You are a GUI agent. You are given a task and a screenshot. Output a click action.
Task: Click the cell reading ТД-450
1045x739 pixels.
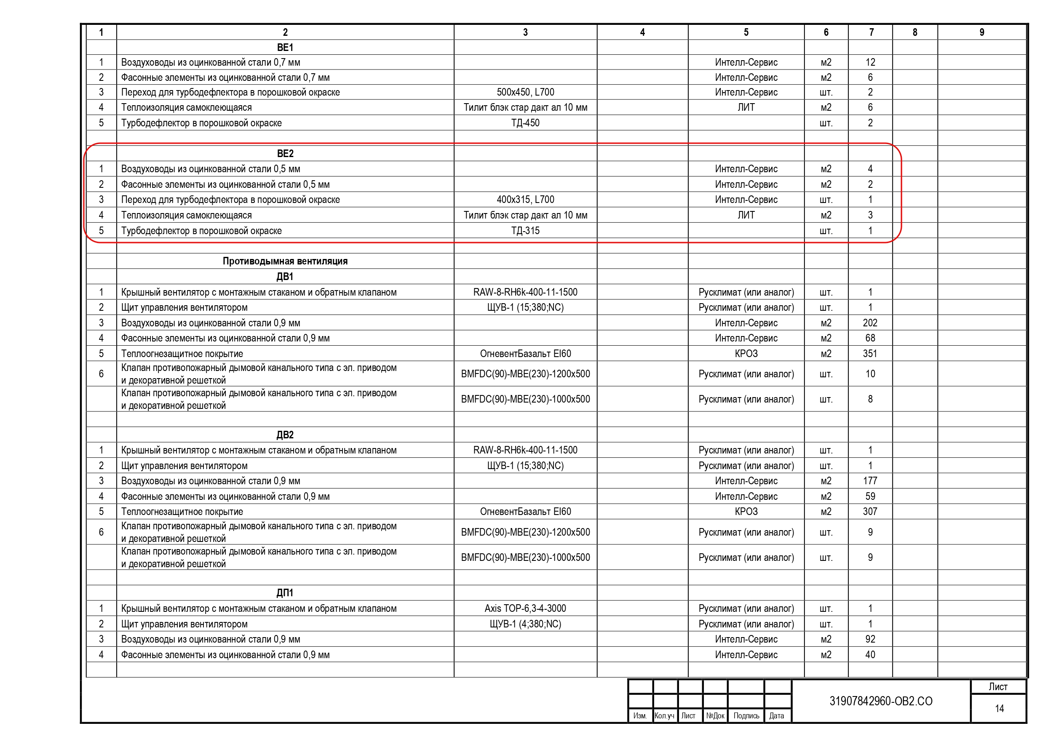[525, 123]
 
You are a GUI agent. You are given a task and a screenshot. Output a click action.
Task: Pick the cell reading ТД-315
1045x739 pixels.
[525, 231]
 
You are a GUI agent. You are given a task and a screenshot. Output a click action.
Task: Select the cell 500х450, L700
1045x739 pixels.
[525, 92]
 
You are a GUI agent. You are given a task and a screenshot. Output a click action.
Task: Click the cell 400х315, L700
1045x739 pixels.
[525, 200]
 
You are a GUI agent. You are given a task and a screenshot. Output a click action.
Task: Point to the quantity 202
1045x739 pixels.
[870, 323]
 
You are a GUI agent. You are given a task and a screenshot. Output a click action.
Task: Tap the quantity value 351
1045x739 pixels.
[870, 354]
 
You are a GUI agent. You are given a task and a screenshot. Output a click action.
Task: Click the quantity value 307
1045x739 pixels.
[870, 512]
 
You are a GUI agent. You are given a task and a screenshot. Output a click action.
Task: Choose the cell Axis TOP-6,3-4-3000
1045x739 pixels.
[525, 608]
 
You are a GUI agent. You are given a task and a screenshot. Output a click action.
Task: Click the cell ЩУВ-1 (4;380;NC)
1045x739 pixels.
[525, 624]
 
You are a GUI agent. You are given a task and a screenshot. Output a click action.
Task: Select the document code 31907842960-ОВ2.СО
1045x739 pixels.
[881, 701]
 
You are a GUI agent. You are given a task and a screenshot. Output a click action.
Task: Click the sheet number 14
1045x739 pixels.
[999, 709]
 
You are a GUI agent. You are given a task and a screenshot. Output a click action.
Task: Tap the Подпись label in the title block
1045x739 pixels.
[746, 716]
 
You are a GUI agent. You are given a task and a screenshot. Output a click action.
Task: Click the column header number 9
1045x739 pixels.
[982, 32]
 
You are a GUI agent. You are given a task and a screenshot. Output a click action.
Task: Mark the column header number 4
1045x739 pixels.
[642, 32]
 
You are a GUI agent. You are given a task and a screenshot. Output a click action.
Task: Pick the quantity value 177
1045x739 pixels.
[870, 481]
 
